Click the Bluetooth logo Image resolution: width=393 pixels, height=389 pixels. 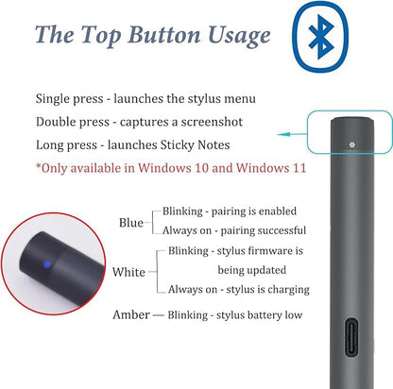[x=320, y=37]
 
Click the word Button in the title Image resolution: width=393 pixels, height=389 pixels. [x=164, y=34]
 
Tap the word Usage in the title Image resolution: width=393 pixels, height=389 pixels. [x=239, y=36]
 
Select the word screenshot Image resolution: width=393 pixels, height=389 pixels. [x=212, y=122]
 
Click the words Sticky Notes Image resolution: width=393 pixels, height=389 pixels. [x=196, y=145]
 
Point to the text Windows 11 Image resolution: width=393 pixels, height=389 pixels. [x=271, y=168]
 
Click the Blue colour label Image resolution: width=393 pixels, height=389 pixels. [x=131, y=223]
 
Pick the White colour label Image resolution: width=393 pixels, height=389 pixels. [x=128, y=272]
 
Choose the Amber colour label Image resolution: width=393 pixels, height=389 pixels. [x=131, y=314]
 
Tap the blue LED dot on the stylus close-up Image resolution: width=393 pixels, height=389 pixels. [x=46, y=264]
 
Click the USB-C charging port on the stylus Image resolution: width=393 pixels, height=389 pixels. [x=351, y=337]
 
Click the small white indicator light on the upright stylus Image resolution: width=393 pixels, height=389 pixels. [x=352, y=144]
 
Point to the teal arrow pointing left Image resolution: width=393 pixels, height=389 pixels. [x=292, y=134]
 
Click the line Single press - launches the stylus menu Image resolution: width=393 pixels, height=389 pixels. [x=145, y=99]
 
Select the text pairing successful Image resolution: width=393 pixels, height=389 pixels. [x=263, y=230]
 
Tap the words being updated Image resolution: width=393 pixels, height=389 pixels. [x=252, y=270]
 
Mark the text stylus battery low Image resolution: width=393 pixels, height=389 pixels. [x=259, y=315]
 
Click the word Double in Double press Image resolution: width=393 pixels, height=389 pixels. [x=56, y=122]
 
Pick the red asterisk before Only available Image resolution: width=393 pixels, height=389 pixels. [x=39, y=166]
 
